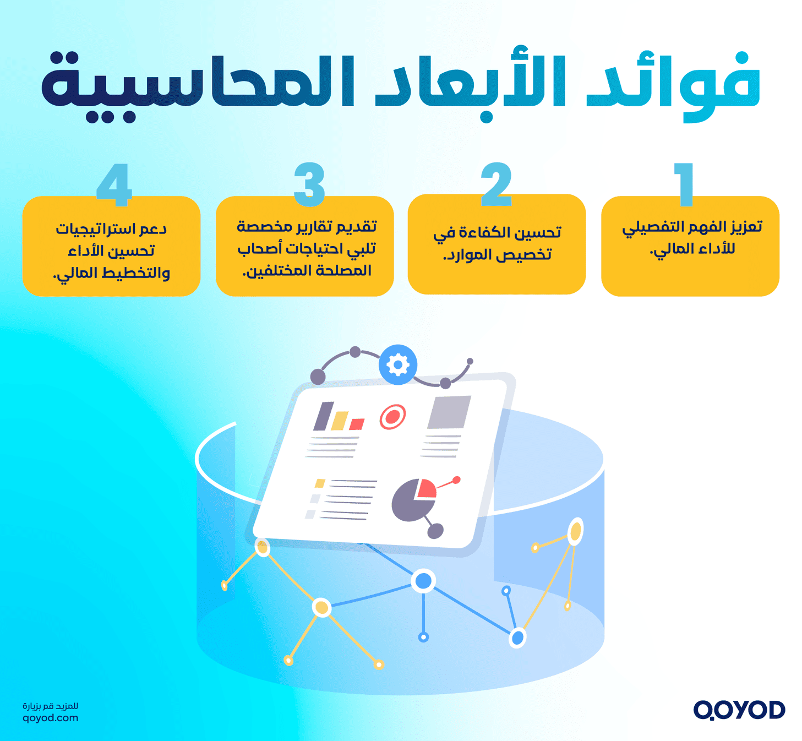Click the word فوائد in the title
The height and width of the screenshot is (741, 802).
coord(674,83)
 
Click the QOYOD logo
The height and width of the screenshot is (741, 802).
coord(739,710)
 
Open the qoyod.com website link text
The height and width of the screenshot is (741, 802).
coord(50,718)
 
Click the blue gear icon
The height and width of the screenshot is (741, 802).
coord(397,364)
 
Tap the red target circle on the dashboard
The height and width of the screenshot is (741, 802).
coord(392,417)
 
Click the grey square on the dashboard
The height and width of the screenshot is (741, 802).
coord(449,412)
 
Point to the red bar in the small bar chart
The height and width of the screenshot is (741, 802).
coord(357,424)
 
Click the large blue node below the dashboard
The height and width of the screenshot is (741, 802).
coord(423,580)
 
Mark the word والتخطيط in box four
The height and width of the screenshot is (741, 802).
coord(140,273)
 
